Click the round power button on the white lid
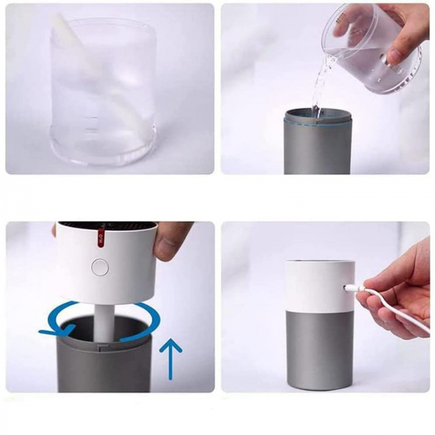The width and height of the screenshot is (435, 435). point(99,267)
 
